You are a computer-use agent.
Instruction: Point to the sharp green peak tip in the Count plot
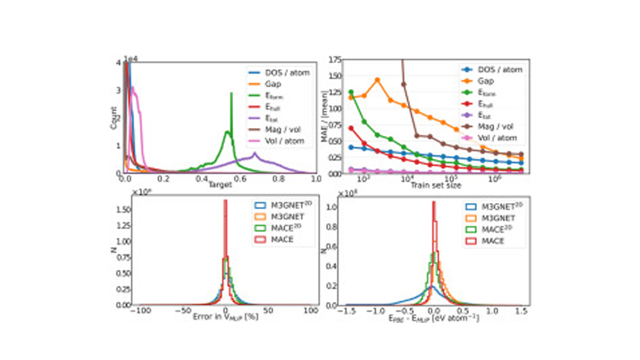point(231,94)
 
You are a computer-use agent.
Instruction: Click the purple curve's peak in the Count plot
point(255,153)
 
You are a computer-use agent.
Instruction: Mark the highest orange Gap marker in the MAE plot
point(377,80)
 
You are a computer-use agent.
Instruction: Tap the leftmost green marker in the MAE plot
point(351,92)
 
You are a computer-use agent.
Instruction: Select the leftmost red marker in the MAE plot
point(351,128)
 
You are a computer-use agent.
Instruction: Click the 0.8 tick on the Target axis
point(278,179)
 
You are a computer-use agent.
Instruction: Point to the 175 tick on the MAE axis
point(333,58)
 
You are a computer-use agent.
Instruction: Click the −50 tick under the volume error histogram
point(180,307)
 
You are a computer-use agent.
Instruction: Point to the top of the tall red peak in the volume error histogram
point(225,201)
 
